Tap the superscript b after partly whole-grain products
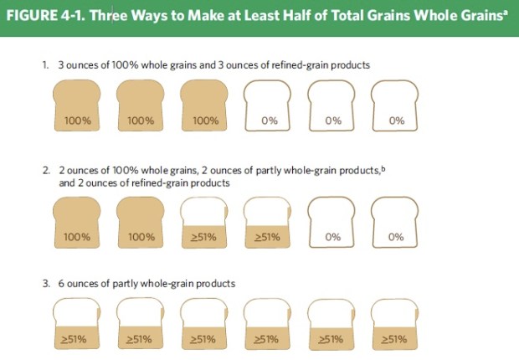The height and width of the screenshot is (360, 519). (x=383, y=167)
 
